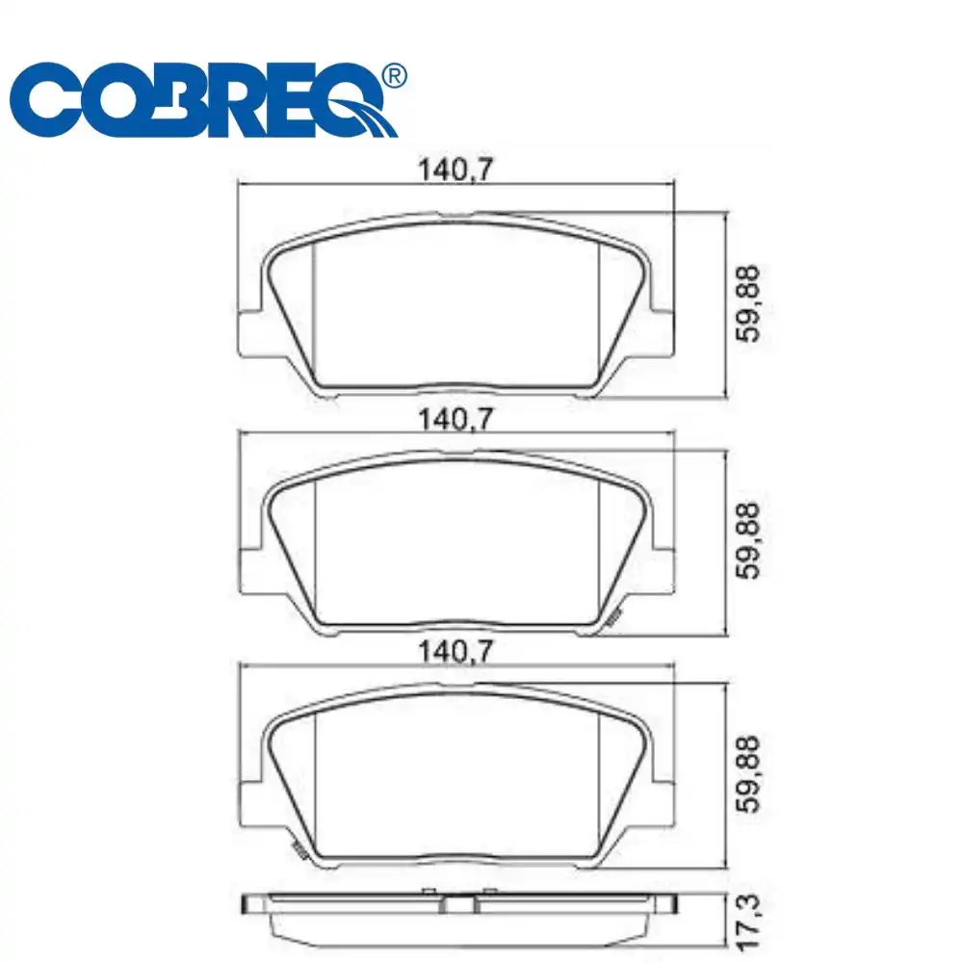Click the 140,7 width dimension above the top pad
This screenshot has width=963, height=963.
point(456,170)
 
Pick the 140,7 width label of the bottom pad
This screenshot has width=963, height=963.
point(456,653)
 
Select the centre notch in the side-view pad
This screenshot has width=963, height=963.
point(459,905)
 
